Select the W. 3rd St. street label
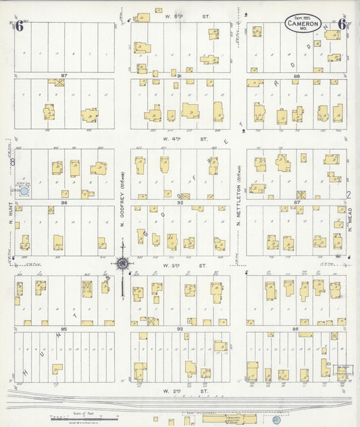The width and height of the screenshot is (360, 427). coord(177,266)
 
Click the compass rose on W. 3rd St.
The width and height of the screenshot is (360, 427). coord(122,264)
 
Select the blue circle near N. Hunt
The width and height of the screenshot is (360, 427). coord(24,191)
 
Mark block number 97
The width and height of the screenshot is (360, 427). coord(64,76)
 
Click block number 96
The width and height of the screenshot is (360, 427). coord(64,202)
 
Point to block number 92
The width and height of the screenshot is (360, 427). coord(180,202)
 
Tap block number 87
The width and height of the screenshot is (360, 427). coord(296,202)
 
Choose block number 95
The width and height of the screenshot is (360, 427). coord(64,328)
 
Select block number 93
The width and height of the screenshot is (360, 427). coord(180,328)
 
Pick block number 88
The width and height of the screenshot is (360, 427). coord(296,76)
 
